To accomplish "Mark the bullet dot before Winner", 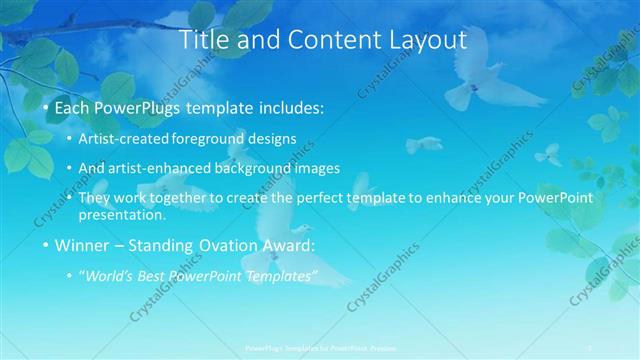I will point(46,246).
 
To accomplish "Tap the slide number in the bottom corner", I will point(590,347).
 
